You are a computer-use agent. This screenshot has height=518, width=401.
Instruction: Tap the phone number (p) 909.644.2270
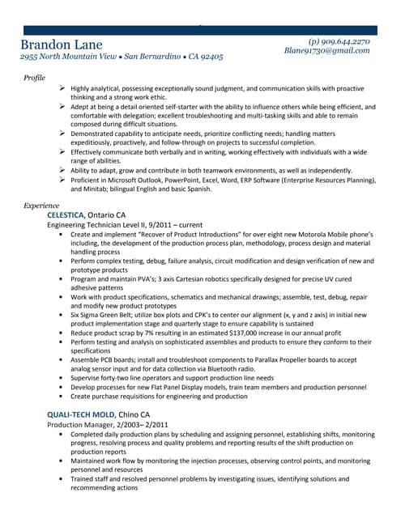click(339, 40)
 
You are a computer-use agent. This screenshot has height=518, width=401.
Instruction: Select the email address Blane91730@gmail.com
click(326, 50)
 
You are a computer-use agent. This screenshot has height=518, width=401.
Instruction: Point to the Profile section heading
click(34, 77)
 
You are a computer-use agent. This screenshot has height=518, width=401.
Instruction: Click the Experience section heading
click(41, 206)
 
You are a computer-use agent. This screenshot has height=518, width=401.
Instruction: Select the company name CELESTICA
click(66, 214)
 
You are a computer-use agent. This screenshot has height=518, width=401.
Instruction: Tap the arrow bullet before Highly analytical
click(62, 87)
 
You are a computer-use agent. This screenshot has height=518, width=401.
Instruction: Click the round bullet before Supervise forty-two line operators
click(62, 378)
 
